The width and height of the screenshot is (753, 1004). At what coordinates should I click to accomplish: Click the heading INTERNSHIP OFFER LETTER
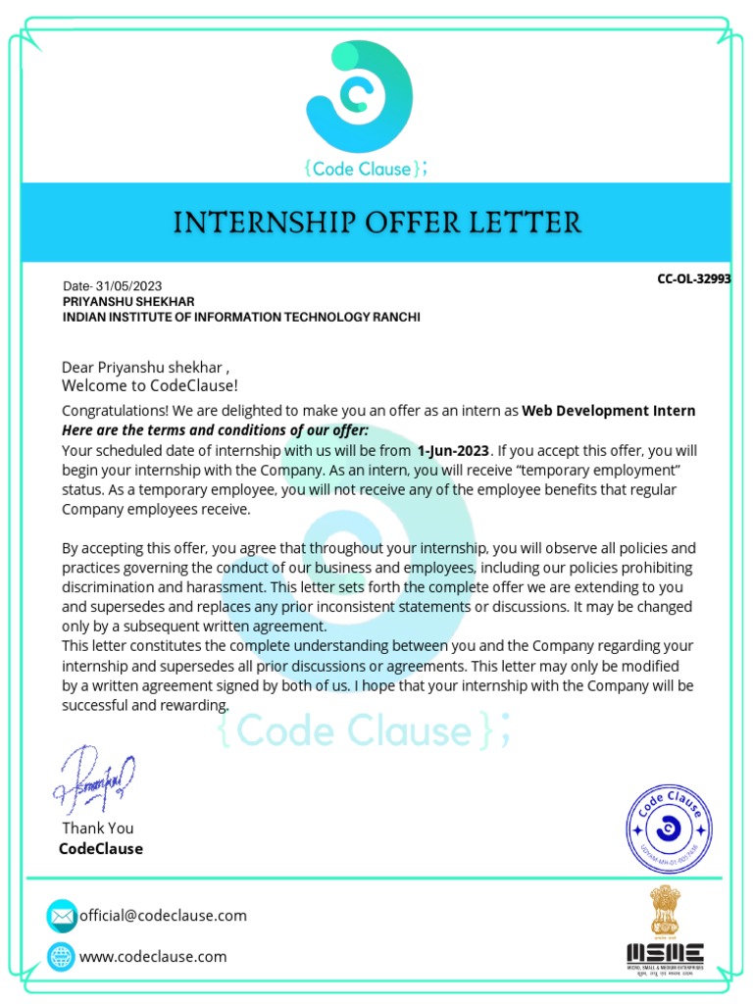(376, 223)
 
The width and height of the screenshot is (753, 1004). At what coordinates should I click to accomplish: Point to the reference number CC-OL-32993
(693, 279)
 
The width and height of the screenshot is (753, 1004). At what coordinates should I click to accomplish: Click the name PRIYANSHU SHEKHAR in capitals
(128, 302)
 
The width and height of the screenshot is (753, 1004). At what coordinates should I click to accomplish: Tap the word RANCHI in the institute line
(393, 318)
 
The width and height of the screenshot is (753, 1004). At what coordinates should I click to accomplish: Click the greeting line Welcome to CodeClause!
(149, 385)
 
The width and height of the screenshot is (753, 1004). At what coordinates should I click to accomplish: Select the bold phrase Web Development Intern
(608, 411)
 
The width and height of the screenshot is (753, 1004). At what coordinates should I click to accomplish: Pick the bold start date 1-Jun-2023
(452, 451)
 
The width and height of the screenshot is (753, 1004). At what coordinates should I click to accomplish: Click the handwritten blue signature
(95, 779)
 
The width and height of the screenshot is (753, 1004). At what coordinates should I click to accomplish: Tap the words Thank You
(97, 828)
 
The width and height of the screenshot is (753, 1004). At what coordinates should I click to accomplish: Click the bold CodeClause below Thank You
(101, 849)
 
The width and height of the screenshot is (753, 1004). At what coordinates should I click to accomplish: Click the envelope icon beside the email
(62, 916)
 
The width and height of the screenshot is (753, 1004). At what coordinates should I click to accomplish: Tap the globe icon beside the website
(62, 956)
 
